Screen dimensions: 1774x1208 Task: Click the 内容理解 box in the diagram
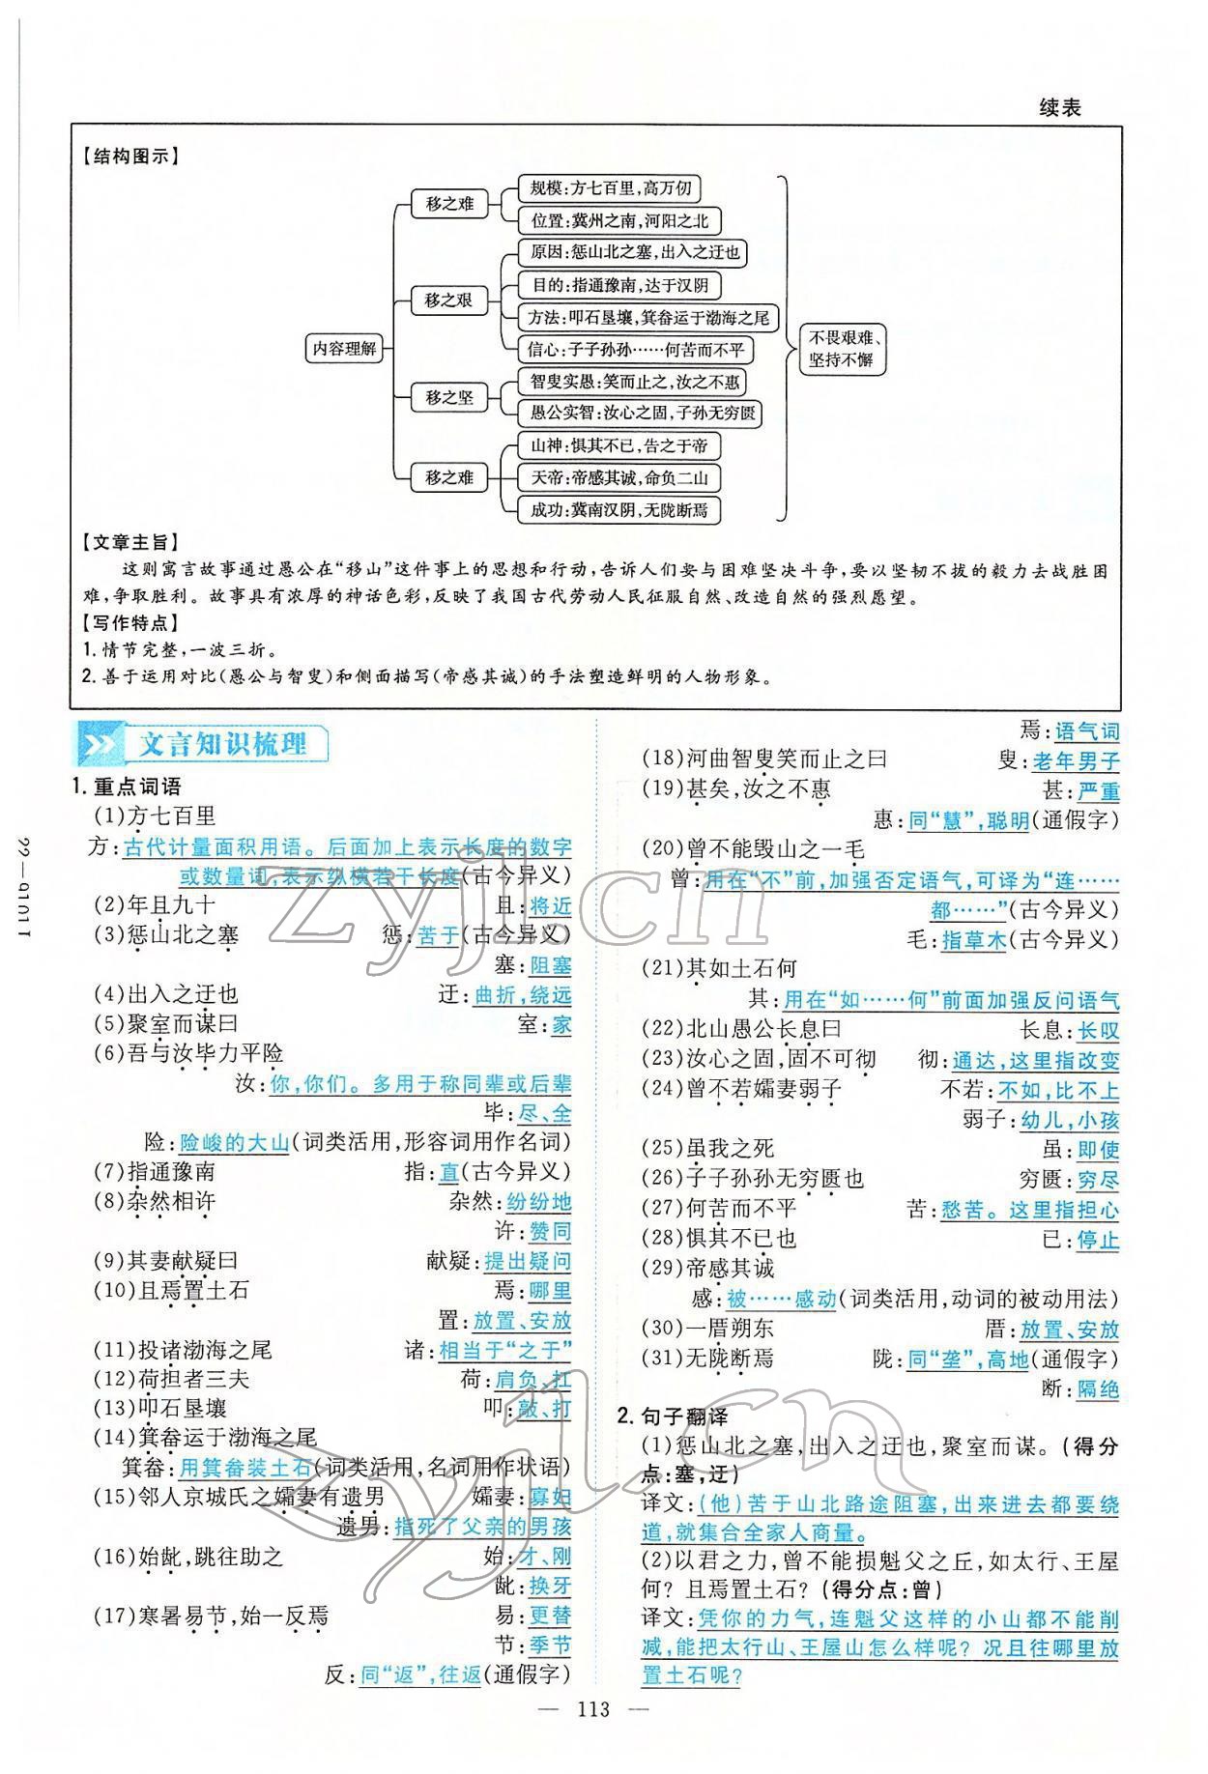(x=342, y=349)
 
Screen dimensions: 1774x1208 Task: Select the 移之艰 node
(x=448, y=300)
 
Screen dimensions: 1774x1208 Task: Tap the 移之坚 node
(x=448, y=397)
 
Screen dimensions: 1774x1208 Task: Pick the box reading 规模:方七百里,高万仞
(x=605, y=188)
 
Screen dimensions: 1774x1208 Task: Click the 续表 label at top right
(x=1060, y=108)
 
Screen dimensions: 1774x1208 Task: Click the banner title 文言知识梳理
(x=223, y=745)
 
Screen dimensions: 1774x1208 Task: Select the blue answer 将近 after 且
(x=550, y=905)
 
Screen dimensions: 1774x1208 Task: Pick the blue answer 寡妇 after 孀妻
(x=550, y=1498)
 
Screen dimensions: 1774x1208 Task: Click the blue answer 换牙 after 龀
(x=550, y=1586)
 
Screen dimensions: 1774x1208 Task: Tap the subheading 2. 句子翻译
(x=673, y=1416)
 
